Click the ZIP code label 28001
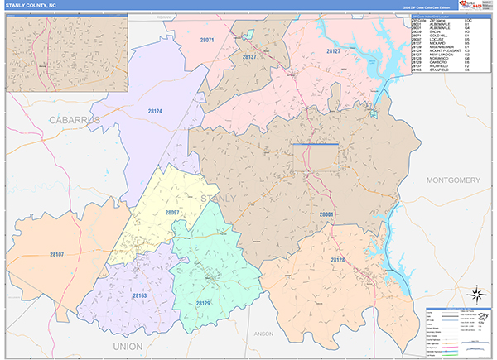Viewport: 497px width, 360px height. pyautogui.click(x=326, y=214)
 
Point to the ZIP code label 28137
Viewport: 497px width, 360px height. pyautogui.click(x=249, y=57)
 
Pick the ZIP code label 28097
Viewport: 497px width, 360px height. pyautogui.click(x=172, y=213)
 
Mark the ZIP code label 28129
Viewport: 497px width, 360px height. pyautogui.click(x=204, y=304)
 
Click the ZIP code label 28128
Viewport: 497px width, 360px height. pyautogui.click(x=337, y=261)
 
